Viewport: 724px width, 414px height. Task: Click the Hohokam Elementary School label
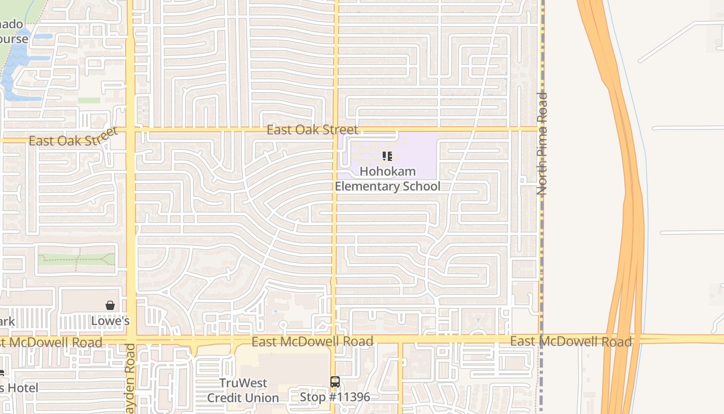387,179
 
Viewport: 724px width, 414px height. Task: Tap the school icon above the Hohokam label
387,156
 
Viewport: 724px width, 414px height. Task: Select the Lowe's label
110,321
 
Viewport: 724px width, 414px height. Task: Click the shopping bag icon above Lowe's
110,305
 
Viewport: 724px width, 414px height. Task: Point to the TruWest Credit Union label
243,391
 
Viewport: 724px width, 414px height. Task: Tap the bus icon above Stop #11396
335,382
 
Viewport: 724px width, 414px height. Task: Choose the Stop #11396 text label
335,397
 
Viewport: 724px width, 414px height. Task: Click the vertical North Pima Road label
542,143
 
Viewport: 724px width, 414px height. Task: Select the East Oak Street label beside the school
312,129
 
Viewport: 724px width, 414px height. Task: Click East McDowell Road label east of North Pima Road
571,341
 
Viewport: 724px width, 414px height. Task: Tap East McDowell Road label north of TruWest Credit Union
312,341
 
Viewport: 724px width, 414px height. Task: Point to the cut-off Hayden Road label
131,380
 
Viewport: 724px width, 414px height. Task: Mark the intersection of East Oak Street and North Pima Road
541,128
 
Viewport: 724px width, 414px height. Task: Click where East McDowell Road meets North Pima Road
541,340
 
